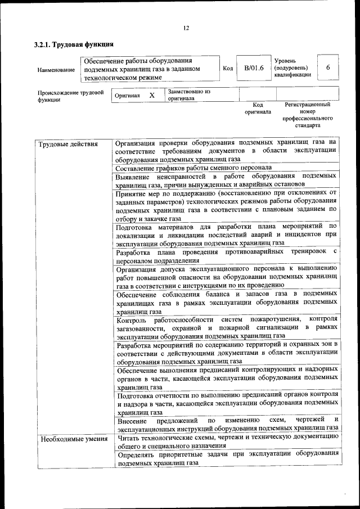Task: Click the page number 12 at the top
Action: (x=186, y=29)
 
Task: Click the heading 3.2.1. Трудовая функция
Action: (x=74, y=44)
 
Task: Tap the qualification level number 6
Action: (x=328, y=68)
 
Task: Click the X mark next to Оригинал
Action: (x=151, y=96)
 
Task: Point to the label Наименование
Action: (x=56, y=70)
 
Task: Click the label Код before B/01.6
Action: (x=228, y=69)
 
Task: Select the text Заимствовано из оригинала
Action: (x=188, y=94)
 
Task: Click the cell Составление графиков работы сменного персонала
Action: (x=193, y=168)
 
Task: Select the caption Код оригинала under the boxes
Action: (x=258, y=108)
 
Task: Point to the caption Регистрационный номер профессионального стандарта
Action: (x=307, y=115)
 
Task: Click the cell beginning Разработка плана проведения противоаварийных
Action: (x=226, y=256)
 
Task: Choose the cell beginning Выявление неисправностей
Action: (x=226, y=180)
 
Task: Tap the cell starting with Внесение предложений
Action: (x=226, y=424)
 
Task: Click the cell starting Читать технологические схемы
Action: (x=226, y=443)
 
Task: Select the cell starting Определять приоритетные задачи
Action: (x=226, y=460)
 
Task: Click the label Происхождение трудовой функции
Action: (x=71, y=96)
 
